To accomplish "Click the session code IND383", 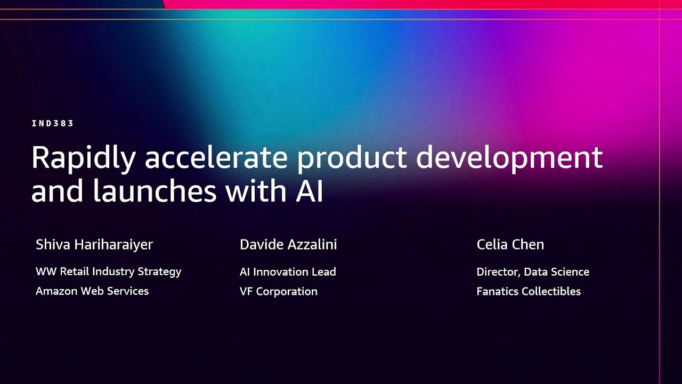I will (52, 123).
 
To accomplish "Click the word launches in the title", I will (155, 191).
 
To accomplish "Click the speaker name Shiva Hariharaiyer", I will (94, 245).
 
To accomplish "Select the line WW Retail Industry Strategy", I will (108, 271).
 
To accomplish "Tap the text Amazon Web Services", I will (92, 291).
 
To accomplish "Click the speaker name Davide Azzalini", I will (288, 245).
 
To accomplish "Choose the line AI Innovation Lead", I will (288, 271).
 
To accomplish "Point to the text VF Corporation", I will (278, 291).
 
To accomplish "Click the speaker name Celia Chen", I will (510, 245).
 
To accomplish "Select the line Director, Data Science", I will (533, 271).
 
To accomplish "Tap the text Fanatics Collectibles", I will (529, 291).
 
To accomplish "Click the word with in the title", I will (254, 191).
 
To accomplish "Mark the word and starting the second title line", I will (58, 191).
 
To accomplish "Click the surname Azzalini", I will (313, 245).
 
